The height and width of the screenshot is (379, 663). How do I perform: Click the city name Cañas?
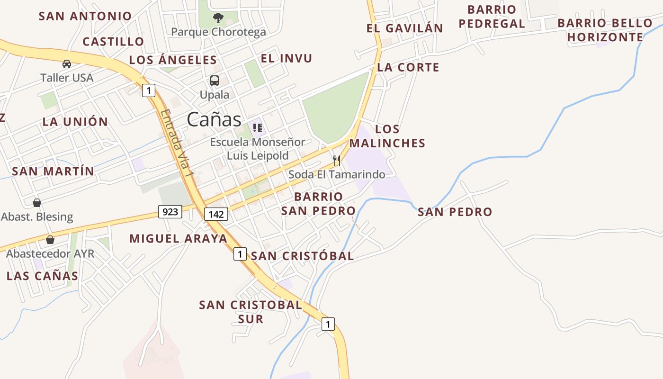coord(214,119)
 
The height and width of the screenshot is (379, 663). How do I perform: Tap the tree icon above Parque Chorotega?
coord(218,18)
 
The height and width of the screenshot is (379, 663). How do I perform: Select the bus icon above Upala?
coord(215,80)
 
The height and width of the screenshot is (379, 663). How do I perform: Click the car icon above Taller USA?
coord(67,64)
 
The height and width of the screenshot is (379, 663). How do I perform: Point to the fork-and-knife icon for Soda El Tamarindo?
coord(337,160)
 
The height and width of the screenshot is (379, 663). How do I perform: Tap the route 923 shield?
coord(170,211)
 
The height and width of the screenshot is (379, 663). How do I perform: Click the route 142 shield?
coord(216,214)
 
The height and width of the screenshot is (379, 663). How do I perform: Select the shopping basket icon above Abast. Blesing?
coord(37,203)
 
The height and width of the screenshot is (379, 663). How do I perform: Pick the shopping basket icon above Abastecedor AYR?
coord(50,239)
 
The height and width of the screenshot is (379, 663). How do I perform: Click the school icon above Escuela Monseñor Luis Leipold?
coord(258,127)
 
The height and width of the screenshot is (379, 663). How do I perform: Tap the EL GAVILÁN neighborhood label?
coord(404,28)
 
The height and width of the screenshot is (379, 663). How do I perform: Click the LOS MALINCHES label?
coord(387,136)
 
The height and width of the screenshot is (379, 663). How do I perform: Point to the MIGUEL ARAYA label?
coord(179,239)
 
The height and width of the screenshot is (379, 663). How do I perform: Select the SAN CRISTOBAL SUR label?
coord(251,312)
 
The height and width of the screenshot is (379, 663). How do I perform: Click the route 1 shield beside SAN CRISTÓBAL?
coord(240,254)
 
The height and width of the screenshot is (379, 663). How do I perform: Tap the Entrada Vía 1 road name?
coord(178,144)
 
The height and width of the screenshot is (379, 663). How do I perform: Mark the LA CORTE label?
coord(408,67)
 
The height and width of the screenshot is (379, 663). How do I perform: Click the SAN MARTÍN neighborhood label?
coord(53,171)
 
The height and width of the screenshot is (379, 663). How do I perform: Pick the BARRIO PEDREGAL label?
coord(492,17)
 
